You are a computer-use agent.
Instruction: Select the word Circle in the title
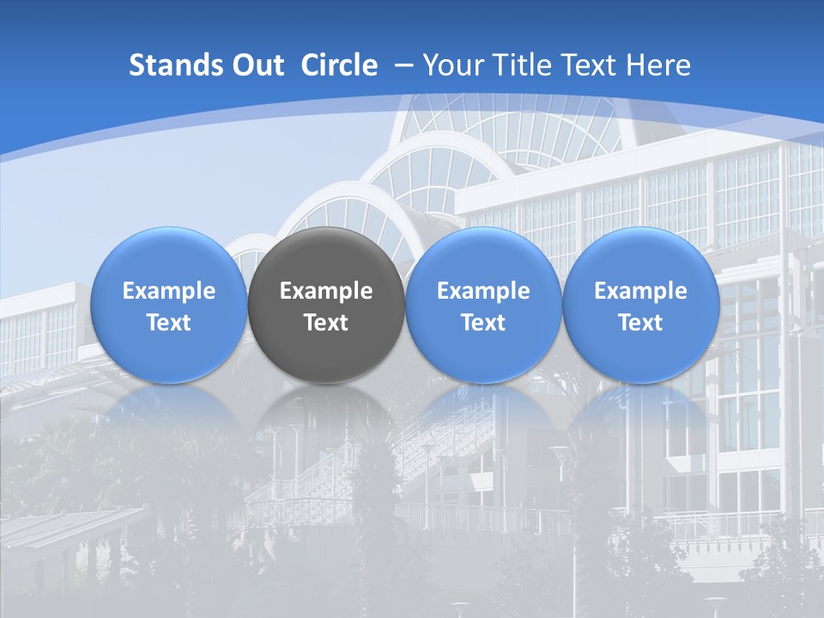coord(339,65)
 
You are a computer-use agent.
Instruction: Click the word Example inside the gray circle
coord(326,291)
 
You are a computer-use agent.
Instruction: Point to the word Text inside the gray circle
coord(326,323)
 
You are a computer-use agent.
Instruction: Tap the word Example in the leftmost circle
coord(168,291)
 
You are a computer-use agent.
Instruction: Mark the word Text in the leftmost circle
coord(168,323)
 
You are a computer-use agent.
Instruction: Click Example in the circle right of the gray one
coord(483,291)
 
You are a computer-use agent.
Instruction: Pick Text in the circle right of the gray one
coord(483,323)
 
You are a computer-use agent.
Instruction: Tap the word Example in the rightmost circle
coord(641,291)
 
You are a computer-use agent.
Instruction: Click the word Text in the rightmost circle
coord(641,323)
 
